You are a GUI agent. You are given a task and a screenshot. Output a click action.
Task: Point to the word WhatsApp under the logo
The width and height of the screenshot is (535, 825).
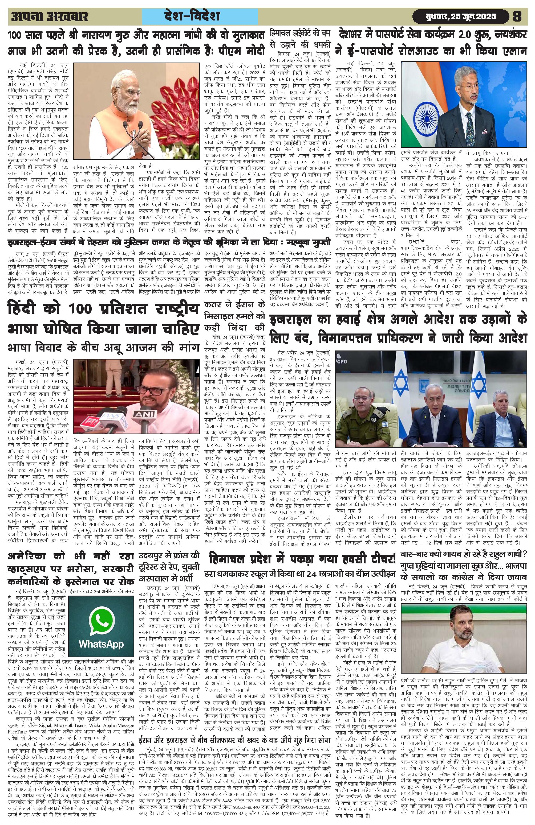(x=101, y=644)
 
